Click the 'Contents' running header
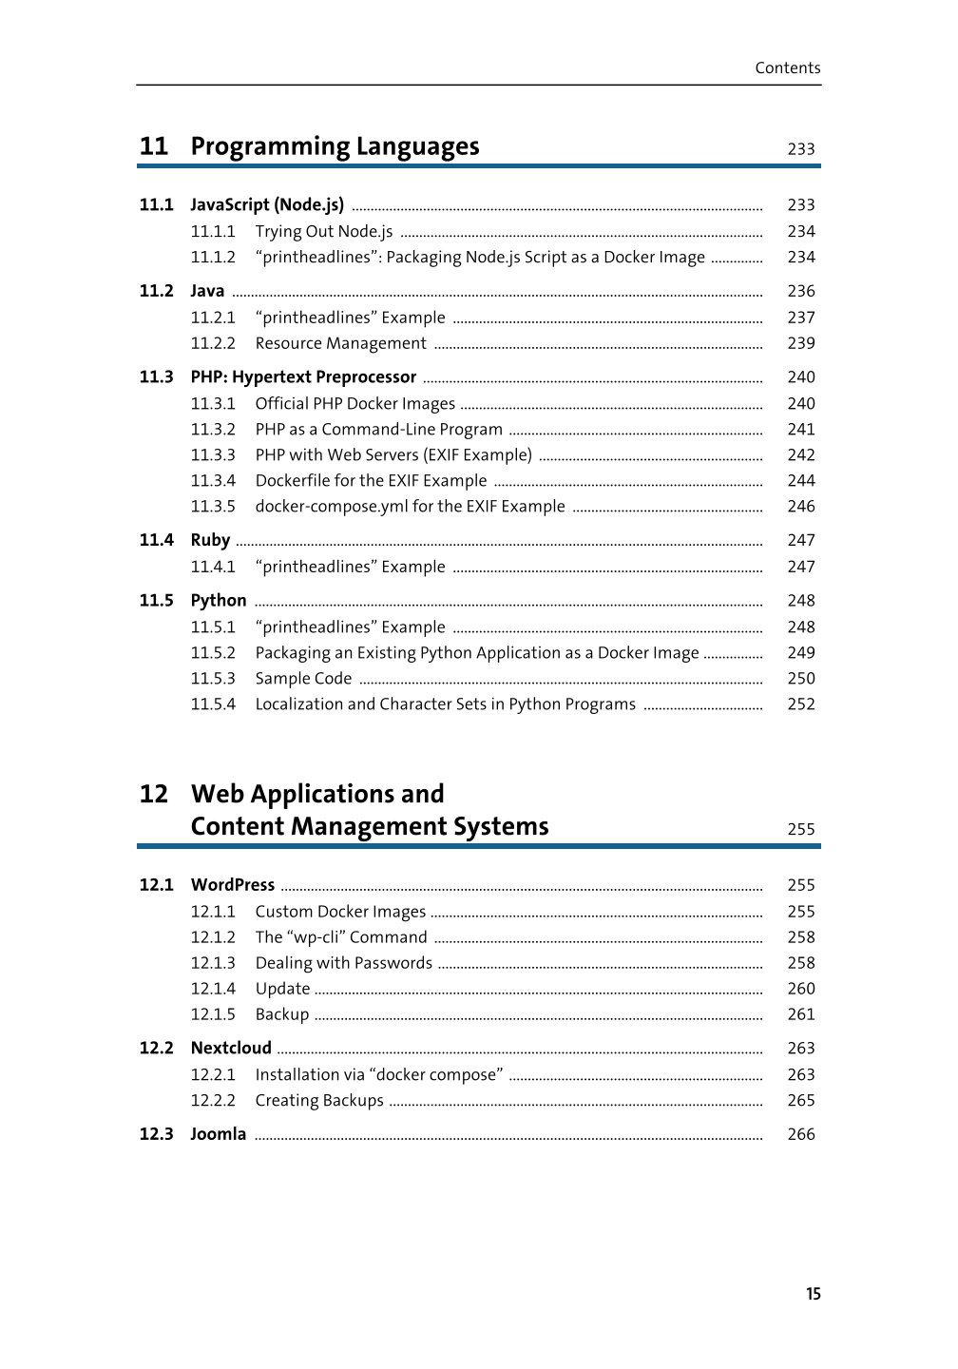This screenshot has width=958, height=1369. point(787,67)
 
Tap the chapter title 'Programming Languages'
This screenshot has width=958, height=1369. point(335,146)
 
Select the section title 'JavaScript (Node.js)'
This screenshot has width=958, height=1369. point(267,204)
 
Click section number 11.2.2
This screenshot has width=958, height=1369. point(213,343)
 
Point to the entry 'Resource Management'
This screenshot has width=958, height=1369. point(340,343)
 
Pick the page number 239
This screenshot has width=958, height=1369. point(800,343)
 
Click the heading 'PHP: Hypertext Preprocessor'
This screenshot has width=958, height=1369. point(303,377)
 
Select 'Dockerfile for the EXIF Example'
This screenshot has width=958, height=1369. point(371,481)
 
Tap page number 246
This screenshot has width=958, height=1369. point(800,507)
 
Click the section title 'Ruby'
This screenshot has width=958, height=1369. point(210,540)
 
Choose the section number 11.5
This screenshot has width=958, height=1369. point(157,601)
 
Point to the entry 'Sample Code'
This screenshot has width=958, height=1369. point(303,679)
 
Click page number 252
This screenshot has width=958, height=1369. point(800,704)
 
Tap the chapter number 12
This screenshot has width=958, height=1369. point(154,794)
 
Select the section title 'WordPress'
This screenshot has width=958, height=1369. point(232,885)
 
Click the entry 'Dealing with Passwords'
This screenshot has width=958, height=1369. point(343,963)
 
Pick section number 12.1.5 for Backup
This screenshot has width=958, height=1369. point(213,1014)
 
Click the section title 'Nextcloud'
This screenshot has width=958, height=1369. point(231,1049)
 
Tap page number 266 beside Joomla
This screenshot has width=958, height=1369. point(800,1134)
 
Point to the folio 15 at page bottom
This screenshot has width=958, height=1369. point(813,1294)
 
